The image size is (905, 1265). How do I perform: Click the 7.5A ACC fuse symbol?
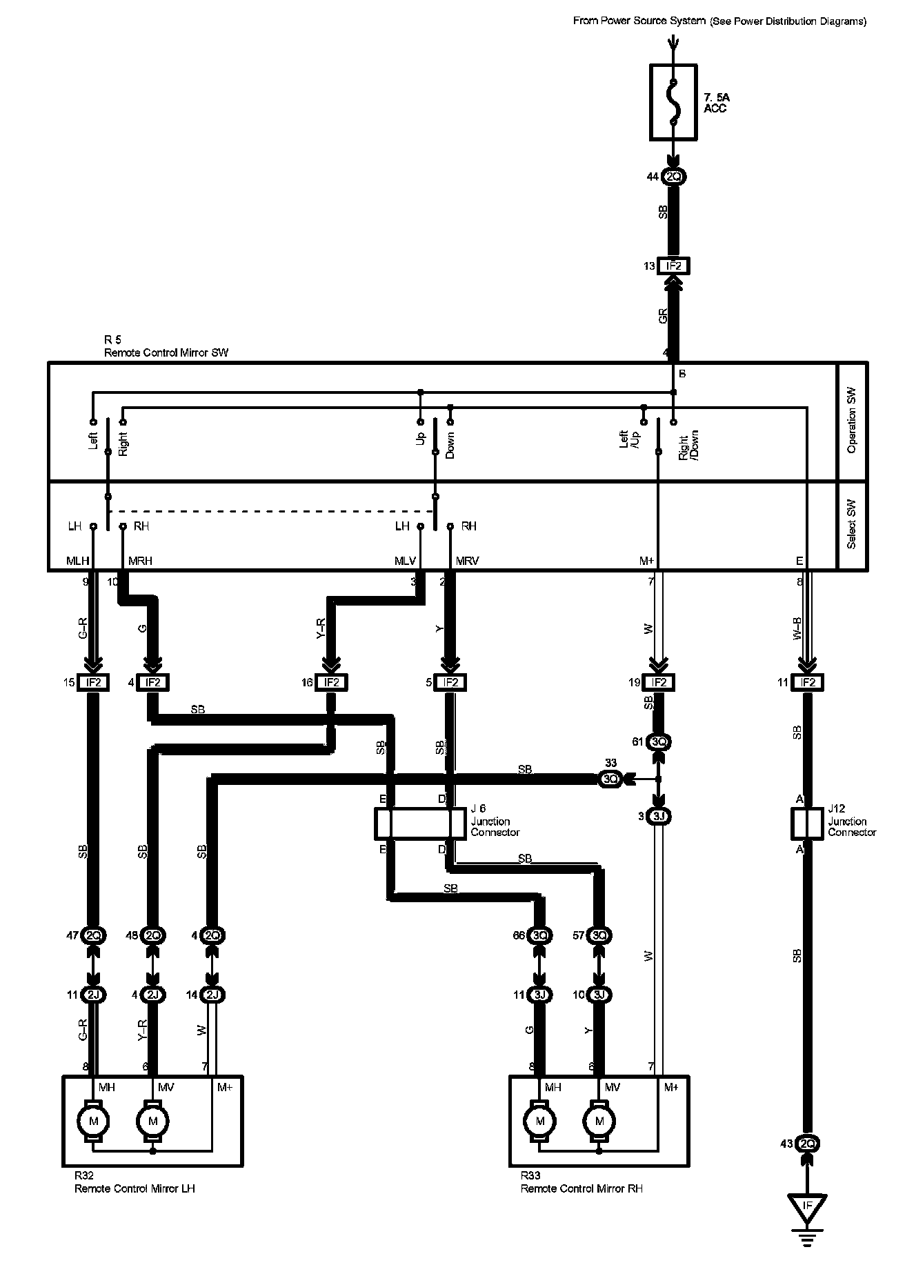tap(674, 101)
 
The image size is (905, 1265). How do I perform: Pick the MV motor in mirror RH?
tap(599, 1121)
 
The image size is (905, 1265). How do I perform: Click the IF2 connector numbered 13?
tap(674, 266)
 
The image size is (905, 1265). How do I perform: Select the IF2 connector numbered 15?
tap(93, 683)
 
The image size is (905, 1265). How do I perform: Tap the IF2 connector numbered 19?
tap(658, 683)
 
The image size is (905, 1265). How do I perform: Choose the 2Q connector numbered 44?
tap(674, 177)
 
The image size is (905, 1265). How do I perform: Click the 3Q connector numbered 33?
tap(611, 779)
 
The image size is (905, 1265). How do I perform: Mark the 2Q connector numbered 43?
tap(806, 1144)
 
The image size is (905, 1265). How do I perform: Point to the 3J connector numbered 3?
tap(659, 817)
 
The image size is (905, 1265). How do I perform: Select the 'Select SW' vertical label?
tap(852, 526)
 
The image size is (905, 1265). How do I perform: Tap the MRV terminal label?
tap(467, 561)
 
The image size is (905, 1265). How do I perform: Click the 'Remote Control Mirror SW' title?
tap(166, 352)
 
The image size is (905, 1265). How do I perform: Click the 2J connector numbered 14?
tap(212, 995)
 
